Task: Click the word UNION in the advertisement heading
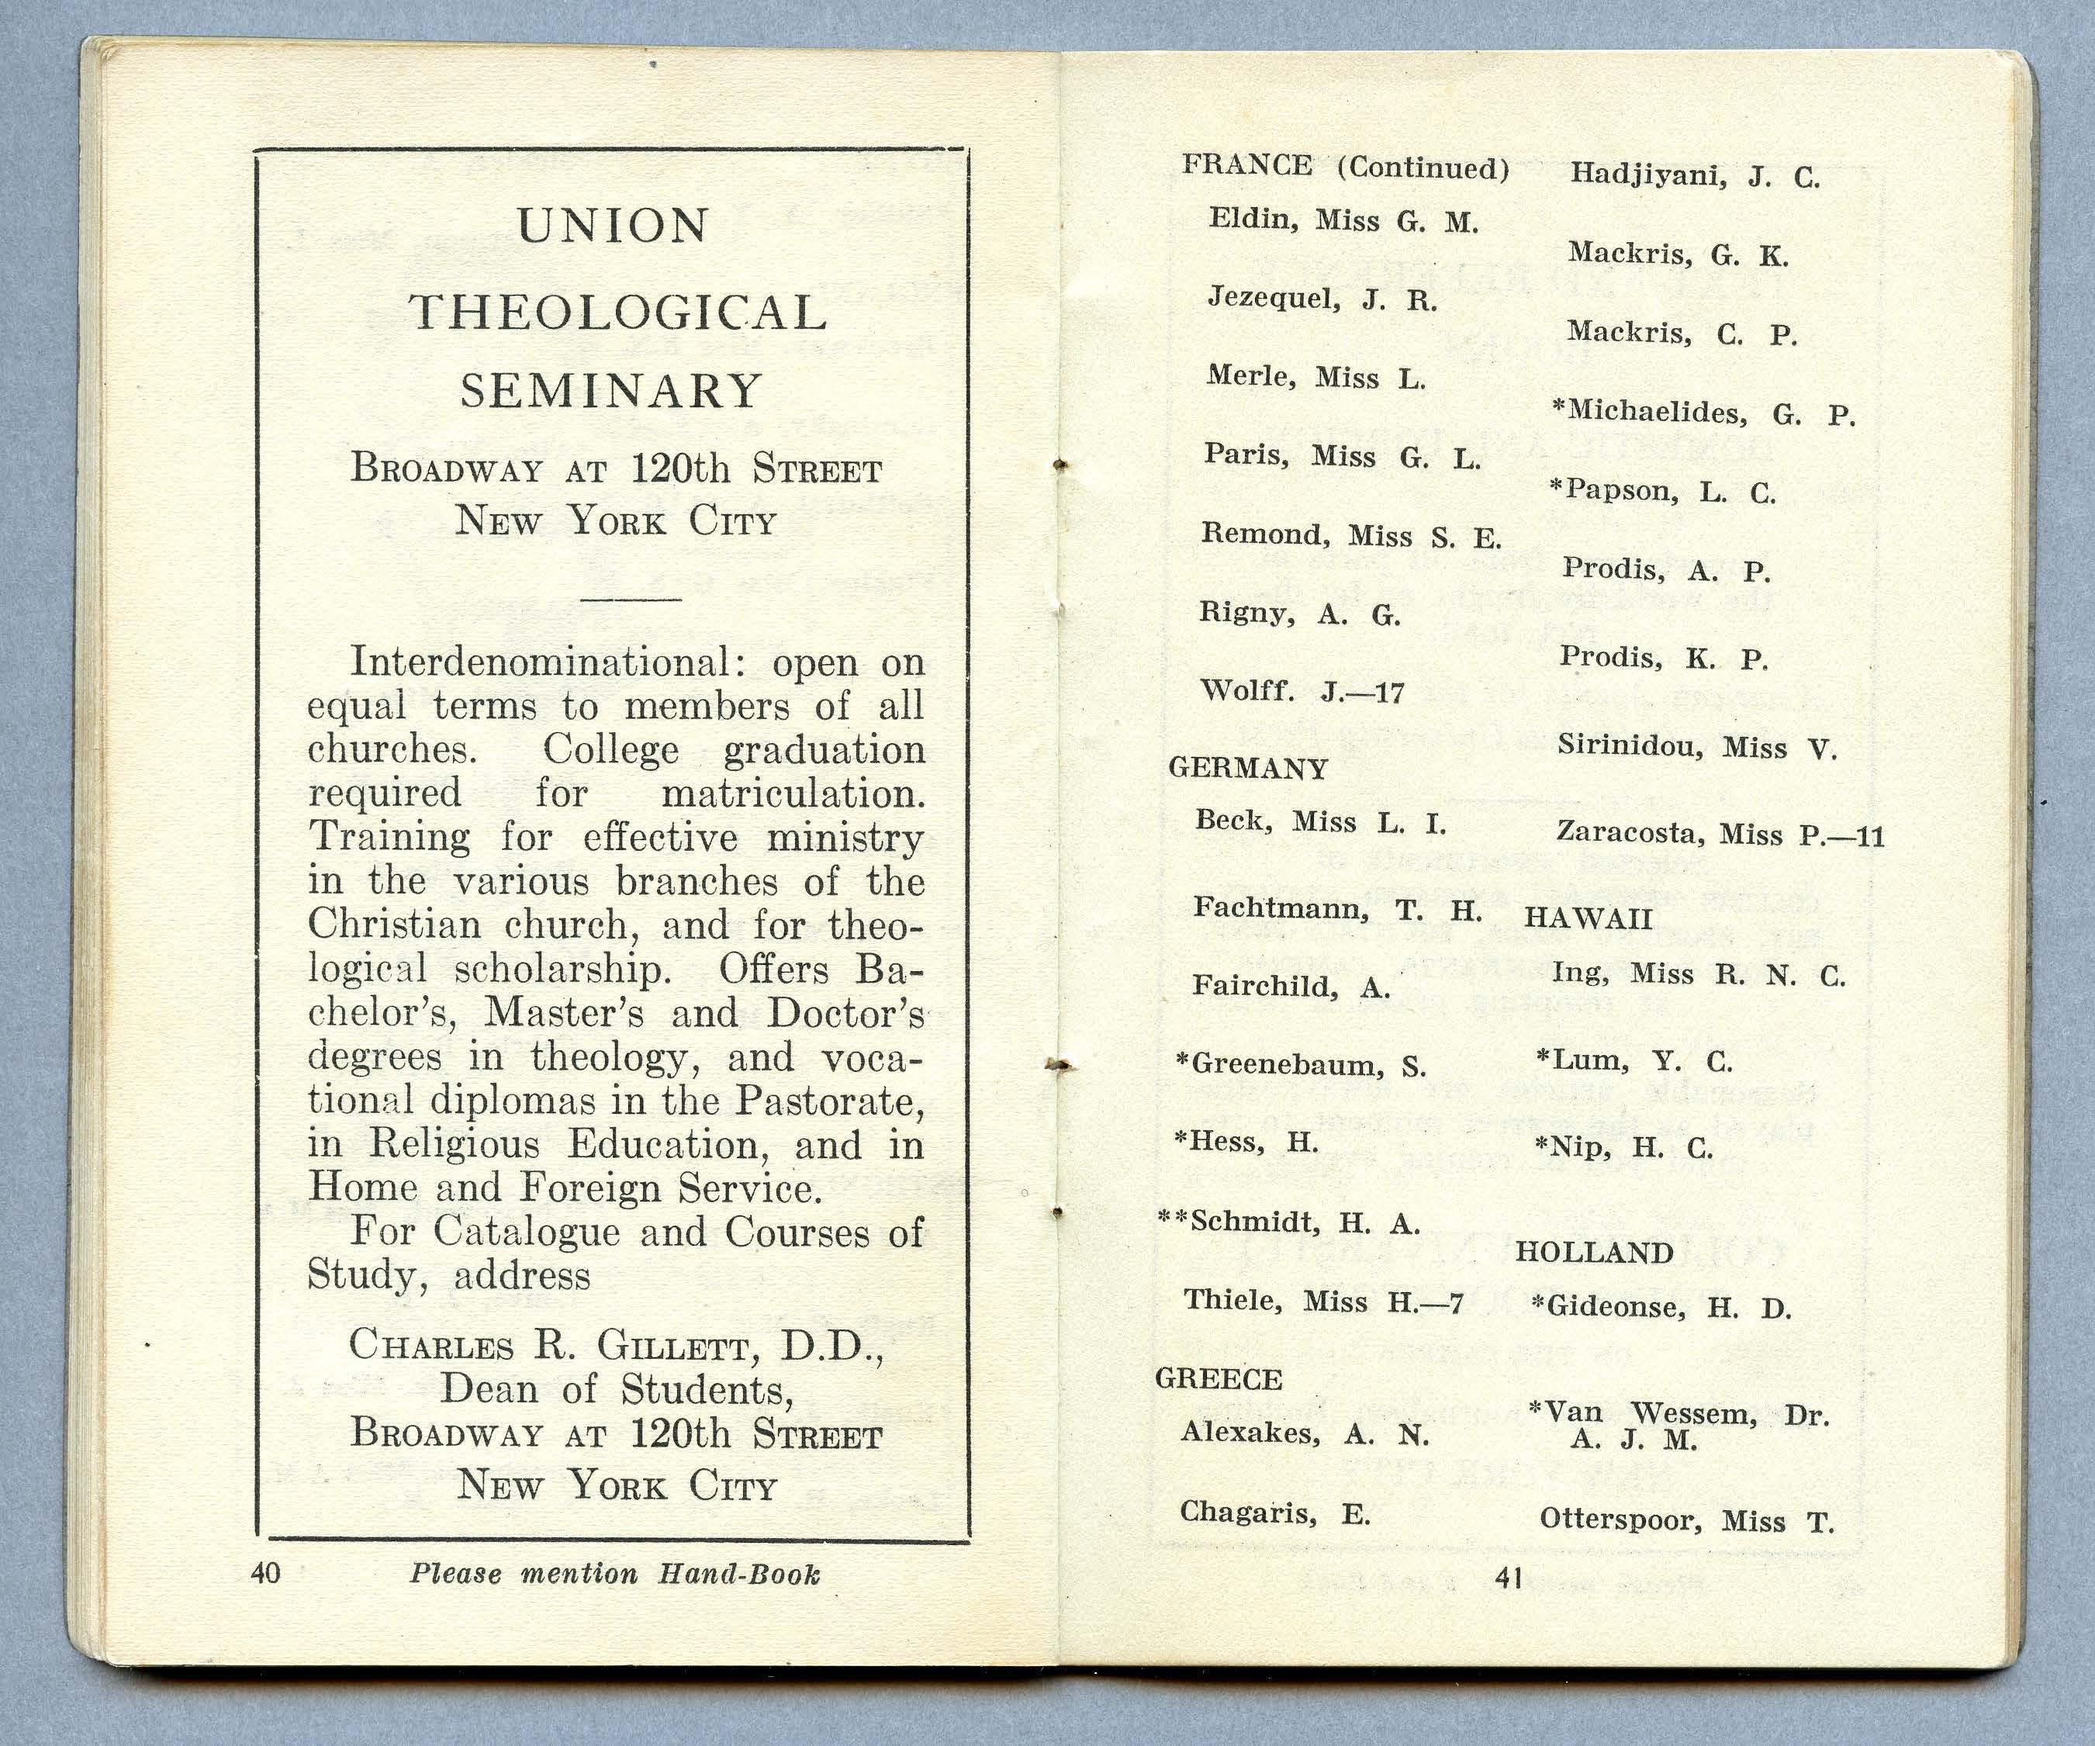(613, 226)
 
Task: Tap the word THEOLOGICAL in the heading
(618, 313)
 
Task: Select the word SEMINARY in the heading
(611, 391)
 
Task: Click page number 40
(265, 1573)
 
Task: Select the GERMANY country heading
(1248, 768)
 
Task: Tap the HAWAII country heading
(1589, 918)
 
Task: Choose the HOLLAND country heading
(1593, 1253)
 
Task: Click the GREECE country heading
(1218, 1379)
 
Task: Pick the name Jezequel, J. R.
(1322, 299)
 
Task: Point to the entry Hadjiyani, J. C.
(1695, 175)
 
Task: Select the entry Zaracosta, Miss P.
(1719, 833)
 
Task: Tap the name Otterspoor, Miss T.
(1686, 1520)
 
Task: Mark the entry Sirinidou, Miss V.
(1696, 746)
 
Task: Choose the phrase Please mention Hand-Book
(614, 1575)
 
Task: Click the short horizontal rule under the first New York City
(630, 600)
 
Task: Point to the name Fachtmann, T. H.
(1336, 908)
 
